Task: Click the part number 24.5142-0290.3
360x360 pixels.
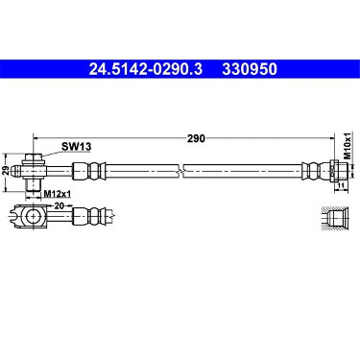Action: [146, 69]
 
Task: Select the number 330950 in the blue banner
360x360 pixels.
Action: [250, 69]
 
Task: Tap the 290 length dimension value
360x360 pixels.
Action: [196, 138]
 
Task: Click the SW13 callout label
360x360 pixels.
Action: [77, 147]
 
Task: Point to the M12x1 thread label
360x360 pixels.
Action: [58, 194]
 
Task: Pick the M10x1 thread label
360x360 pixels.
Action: [348, 146]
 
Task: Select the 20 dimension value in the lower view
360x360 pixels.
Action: [59, 205]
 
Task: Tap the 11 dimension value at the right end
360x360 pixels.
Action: [341, 185]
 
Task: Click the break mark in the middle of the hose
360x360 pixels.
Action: [180, 170]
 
